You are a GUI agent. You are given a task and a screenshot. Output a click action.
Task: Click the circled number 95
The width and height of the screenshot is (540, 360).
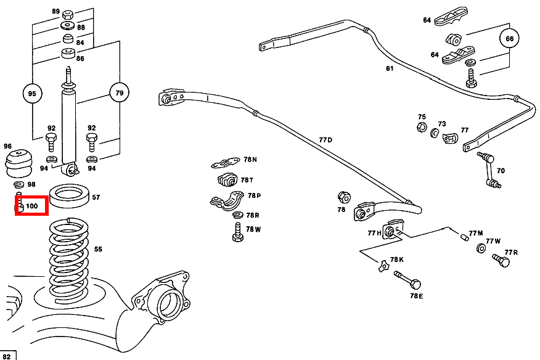(x=33, y=94)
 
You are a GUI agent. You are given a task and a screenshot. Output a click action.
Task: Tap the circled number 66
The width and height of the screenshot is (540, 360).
(x=509, y=39)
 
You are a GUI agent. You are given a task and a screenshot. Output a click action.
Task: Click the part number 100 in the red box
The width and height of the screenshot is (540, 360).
(x=32, y=206)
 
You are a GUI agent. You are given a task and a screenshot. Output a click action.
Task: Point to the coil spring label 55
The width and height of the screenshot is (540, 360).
(x=98, y=249)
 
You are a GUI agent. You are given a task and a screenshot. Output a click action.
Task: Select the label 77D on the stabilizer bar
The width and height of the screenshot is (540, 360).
(x=325, y=140)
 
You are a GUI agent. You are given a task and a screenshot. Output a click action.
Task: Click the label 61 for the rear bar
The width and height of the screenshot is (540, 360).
(x=390, y=68)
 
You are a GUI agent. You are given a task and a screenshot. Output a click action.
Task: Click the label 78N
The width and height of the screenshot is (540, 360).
(x=250, y=160)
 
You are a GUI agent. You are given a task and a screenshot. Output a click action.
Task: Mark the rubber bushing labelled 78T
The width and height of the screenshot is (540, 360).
(x=227, y=181)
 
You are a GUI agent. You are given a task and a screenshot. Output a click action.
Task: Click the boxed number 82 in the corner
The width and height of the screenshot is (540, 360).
(x=8, y=356)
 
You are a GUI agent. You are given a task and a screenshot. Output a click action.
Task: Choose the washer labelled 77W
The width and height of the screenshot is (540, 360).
(x=481, y=248)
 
